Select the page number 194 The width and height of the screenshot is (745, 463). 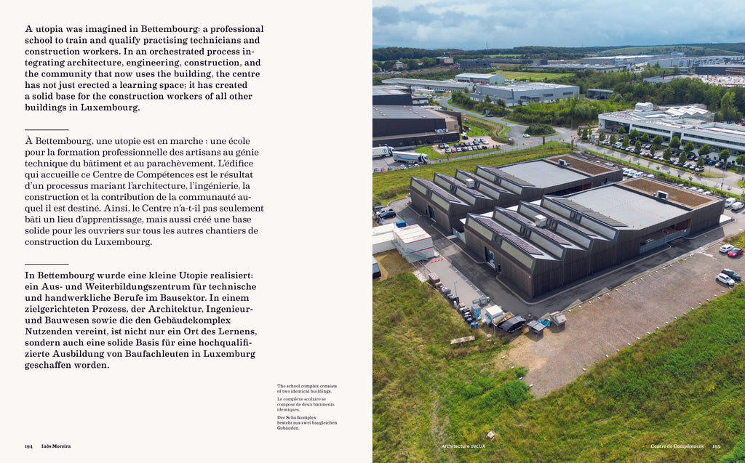pos(28,446)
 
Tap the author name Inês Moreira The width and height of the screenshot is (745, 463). pos(56,446)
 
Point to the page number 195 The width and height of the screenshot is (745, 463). pos(716,446)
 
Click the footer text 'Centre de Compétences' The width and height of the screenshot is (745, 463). pos(677,446)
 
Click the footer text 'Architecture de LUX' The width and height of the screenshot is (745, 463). pos(463,446)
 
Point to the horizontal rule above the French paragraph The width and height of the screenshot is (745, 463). pos(47,129)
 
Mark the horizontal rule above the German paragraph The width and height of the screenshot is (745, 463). pos(47,264)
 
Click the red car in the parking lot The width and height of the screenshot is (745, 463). pos(735,252)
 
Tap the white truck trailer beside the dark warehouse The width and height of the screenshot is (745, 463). pos(410,156)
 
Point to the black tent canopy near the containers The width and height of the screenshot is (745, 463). pos(513,324)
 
